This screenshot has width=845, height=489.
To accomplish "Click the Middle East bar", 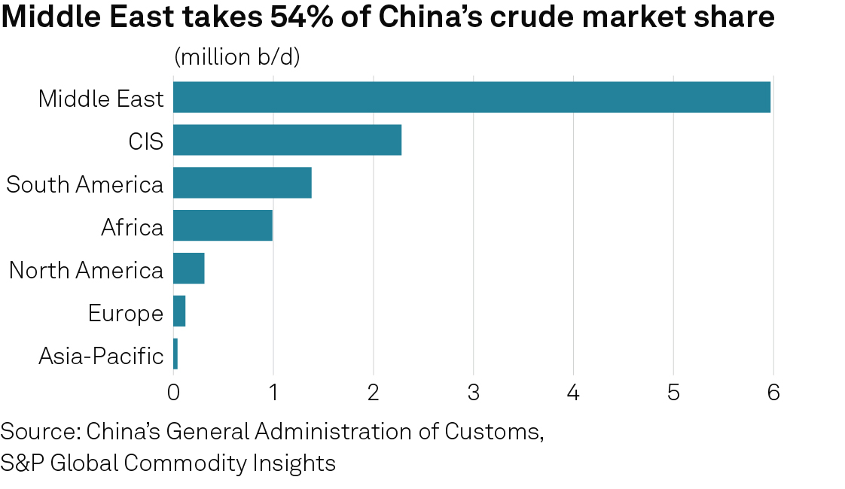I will point(471,97).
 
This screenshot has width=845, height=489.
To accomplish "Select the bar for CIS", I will point(287,140).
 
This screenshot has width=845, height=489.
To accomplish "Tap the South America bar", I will point(242,183).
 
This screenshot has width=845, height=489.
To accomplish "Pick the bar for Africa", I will point(223,226).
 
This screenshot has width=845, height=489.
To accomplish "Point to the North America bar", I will point(189,269).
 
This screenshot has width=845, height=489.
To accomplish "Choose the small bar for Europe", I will point(179,311).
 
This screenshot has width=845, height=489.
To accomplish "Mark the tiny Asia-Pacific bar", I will point(175,354).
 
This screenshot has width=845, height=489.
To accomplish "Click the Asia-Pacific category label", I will point(101,355).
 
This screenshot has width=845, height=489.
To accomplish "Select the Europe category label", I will point(125,312).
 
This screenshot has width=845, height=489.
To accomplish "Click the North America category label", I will point(86,269).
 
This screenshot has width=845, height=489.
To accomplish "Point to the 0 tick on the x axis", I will point(173,393).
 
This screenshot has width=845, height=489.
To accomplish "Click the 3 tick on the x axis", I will point(473,393).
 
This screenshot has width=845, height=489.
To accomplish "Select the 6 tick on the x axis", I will point(773,393).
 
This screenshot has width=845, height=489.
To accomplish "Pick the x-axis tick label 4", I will point(573,393).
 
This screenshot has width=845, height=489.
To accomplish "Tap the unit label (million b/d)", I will point(237,57).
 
